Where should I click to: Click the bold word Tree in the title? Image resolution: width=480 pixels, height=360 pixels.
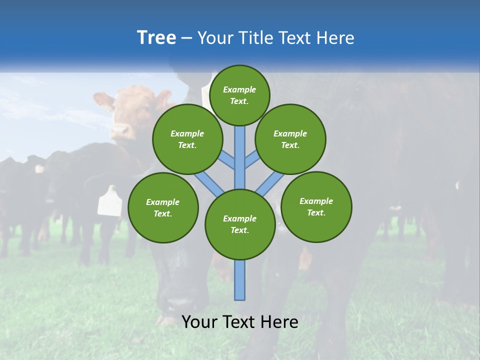click(x=156, y=37)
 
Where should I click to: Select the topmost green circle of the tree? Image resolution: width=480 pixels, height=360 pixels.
click(x=239, y=95)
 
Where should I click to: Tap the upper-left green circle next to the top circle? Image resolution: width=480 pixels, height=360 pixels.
click(x=187, y=139)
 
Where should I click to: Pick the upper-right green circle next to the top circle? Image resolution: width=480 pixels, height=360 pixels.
click(x=290, y=139)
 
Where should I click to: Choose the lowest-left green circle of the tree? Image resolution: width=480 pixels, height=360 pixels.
click(x=163, y=207)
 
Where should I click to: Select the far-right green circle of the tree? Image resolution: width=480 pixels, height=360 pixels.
click(x=316, y=206)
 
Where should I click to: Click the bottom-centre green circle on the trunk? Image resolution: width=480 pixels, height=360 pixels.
click(x=240, y=224)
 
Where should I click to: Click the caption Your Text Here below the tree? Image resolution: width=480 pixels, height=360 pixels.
click(x=239, y=322)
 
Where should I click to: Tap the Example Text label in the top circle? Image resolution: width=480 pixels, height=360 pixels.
click(x=239, y=95)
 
